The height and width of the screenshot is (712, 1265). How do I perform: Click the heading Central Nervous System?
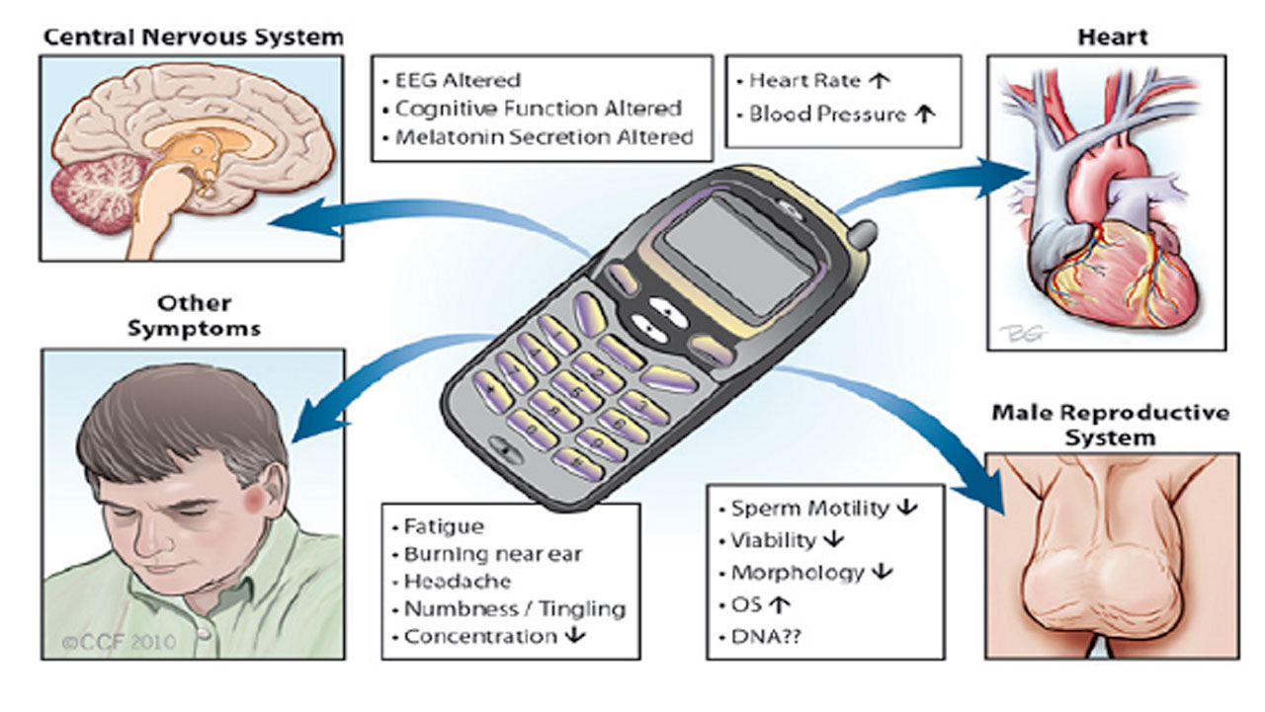point(194,38)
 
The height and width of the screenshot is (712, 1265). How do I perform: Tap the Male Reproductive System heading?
point(1111,424)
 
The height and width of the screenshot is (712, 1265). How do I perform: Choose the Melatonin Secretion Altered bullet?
point(544,137)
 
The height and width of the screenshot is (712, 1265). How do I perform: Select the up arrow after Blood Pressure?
point(924,114)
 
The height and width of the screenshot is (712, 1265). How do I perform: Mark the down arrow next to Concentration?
point(573,636)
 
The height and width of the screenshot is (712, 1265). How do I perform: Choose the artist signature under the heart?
point(1019,331)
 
